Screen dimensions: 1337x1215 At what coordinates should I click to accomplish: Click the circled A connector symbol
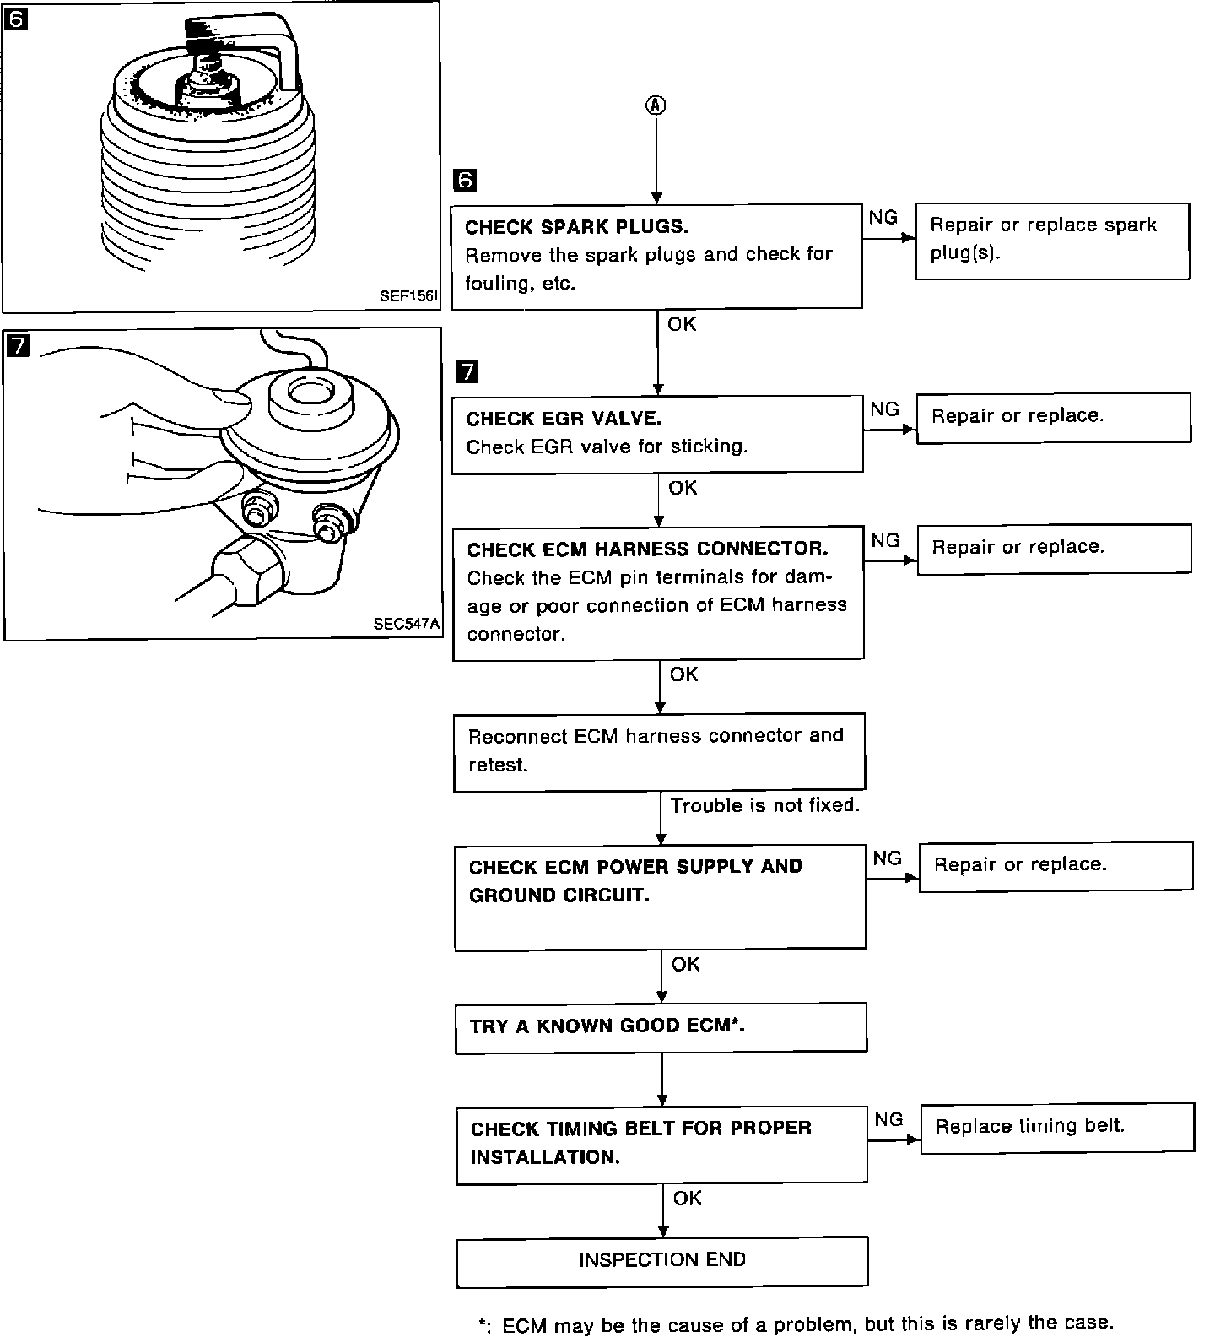656,105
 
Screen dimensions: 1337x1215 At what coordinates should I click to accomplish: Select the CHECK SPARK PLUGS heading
576,227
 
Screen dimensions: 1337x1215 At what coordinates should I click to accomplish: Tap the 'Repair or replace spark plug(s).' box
1052,241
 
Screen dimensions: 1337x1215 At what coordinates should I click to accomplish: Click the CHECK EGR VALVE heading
564,419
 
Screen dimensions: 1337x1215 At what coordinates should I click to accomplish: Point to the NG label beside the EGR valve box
884,409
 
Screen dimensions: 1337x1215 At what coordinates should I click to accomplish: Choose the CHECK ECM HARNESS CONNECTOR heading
647,549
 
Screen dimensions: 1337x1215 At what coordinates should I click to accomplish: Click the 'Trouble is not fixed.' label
764,805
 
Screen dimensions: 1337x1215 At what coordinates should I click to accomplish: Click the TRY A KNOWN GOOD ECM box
661,1027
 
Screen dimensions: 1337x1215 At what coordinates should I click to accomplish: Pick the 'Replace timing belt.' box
1057,1127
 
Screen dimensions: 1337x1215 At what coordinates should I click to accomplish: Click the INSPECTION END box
661,1261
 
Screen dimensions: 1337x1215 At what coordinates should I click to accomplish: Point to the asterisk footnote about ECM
796,1323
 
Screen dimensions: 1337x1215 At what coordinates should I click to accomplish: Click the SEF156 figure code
408,296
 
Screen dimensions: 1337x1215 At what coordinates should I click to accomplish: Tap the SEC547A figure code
407,625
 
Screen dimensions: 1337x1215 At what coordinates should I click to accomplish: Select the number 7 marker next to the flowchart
466,371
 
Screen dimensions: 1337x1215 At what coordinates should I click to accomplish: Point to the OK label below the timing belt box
687,1198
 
